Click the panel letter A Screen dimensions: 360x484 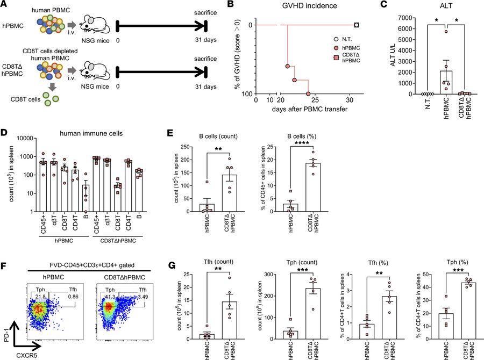[x=5, y=5]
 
